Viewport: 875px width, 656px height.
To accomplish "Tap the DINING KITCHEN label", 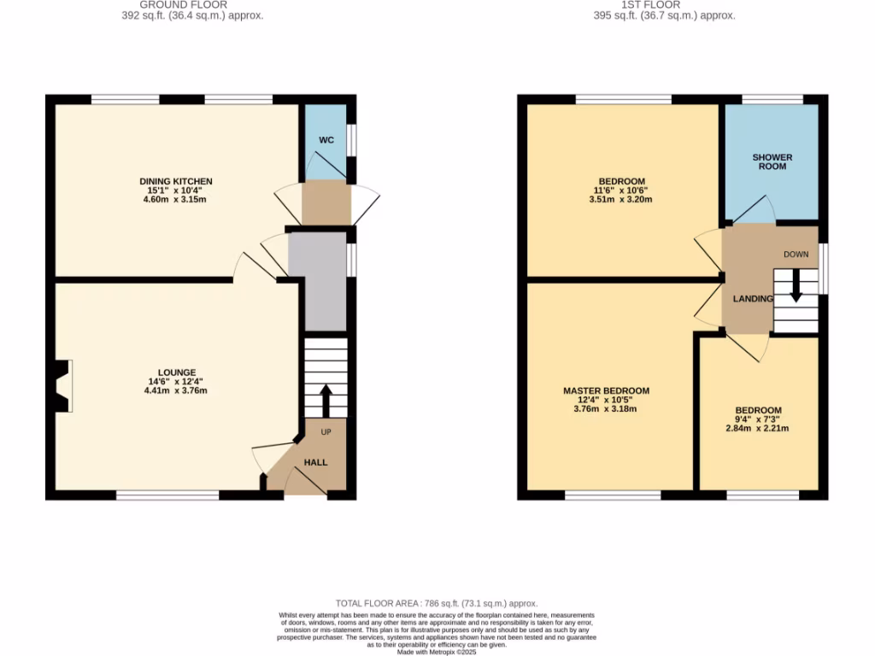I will pos(176,181).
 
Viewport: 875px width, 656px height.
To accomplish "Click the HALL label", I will pos(317,462).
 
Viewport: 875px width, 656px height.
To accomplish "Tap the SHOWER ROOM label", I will pos(772,161).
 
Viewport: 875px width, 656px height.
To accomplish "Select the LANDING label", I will pos(753,298).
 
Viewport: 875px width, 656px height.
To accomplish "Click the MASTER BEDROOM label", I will pos(606,390).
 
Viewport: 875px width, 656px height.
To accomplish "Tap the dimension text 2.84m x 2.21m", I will pos(758,428).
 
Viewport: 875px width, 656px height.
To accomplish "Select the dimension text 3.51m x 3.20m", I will pos(621,200).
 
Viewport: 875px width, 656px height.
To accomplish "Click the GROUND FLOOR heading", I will pos(183,4).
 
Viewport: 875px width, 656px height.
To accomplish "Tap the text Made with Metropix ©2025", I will pos(437,651).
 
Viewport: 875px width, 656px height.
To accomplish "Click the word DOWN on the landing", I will pos(796,255).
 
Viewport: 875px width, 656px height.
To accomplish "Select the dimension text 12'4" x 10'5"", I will pos(606,400).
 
